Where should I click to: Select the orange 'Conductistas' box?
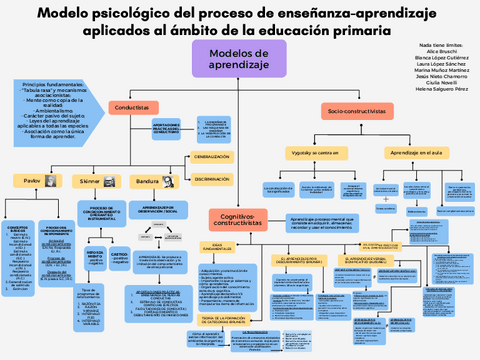click(x=132, y=106)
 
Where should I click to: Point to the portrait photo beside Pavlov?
click(x=49, y=179)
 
